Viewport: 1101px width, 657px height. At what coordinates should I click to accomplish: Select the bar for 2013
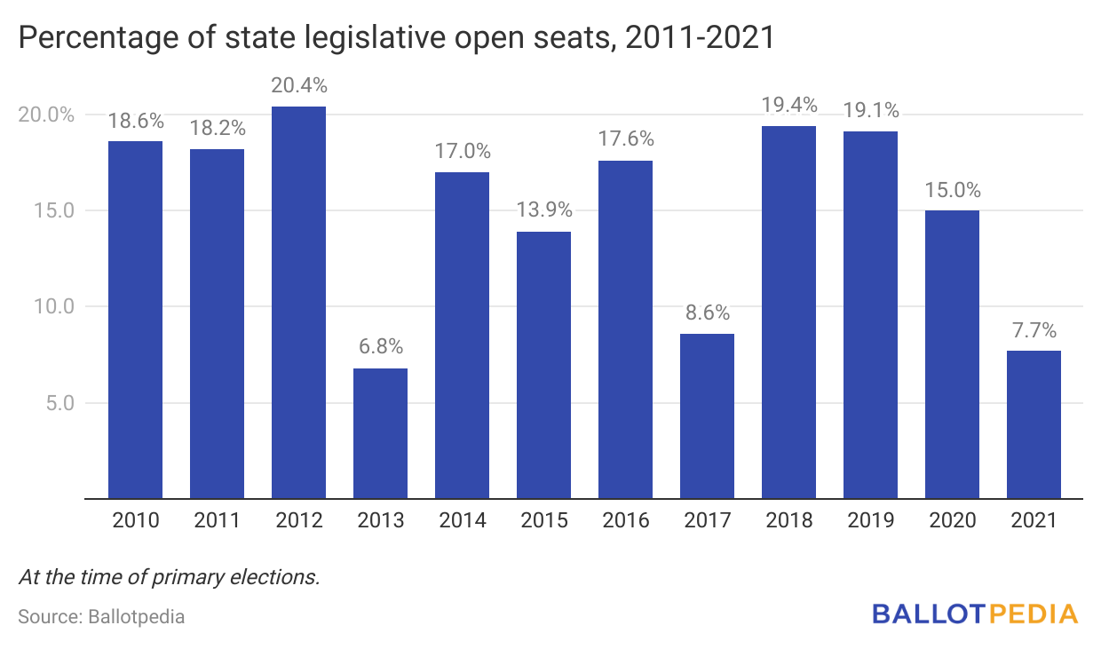(x=380, y=433)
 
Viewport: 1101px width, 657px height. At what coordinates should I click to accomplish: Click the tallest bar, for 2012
(x=298, y=302)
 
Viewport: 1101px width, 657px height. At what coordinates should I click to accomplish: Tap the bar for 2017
(x=707, y=416)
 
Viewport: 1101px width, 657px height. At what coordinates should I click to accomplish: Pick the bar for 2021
(x=1034, y=424)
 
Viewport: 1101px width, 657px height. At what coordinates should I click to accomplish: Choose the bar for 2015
(x=543, y=365)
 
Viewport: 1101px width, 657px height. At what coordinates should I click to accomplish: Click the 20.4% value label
(x=298, y=86)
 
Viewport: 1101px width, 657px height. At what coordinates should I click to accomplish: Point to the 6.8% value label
(x=380, y=347)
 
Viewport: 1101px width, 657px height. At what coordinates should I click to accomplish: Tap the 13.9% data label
(x=543, y=210)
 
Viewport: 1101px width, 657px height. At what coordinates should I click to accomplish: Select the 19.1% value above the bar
(x=870, y=111)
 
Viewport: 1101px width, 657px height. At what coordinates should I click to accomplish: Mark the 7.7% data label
(x=1034, y=330)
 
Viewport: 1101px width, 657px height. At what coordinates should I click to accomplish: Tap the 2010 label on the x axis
(x=136, y=520)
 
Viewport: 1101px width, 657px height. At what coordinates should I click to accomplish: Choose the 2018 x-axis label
(x=788, y=520)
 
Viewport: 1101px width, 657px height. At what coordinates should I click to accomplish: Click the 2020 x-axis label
(x=953, y=520)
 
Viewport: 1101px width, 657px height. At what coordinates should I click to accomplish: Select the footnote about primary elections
(x=169, y=576)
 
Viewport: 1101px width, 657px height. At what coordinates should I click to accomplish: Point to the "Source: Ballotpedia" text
(x=101, y=615)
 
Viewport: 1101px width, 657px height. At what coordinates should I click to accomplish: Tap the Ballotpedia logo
(x=974, y=613)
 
